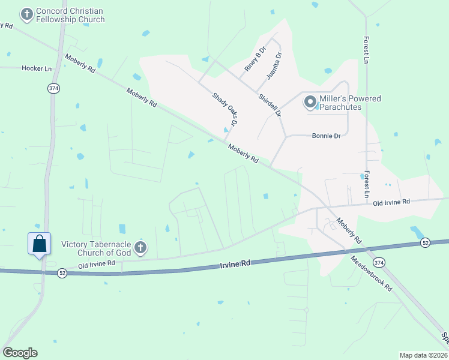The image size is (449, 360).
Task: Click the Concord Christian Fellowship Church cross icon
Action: pyautogui.click(x=26, y=14)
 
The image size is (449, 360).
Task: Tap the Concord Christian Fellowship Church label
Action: pyautogui.click(x=70, y=16)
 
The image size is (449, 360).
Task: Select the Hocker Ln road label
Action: pyautogui.click(x=37, y=68)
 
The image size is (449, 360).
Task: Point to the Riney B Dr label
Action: pyautogui.click(x=255, y=60)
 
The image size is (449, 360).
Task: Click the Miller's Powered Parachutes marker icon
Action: pyautogui.click(x=310, y=103)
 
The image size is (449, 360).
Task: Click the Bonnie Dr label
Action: pyautogui.click(x=326, y=136)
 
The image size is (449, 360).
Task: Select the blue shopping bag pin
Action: pyautogui.click(x=40, y=244)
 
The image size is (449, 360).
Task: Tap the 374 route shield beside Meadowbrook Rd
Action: pyautogui.click(x=380, y=263)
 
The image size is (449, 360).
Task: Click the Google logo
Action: pyautogui.click(x=20, y=353)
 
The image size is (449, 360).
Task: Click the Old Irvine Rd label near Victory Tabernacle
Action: pyautogui.click(x=96, y=265)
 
